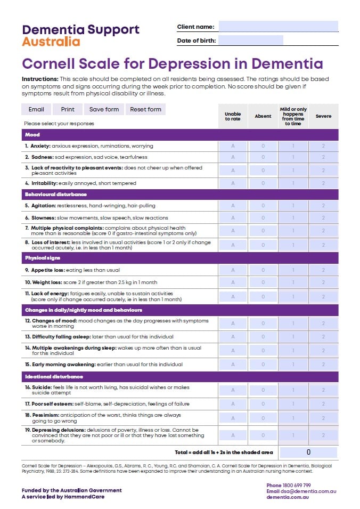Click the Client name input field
(x=278, y=27)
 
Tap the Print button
(x=68, y=109)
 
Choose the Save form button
(x=104, y=109)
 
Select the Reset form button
(x=145, y=109)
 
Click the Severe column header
(x=323, y=116)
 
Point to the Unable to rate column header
(x=233, y=116)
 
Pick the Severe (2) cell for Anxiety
(x=323, y=146)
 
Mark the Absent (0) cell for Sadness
(x=263, y=157)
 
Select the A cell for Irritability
(x=233, y=183)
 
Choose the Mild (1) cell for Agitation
(x=293, y=206)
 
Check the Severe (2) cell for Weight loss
(x=323, y=282)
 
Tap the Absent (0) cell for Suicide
(x=263, y=390)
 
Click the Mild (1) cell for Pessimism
(x=293, y=418)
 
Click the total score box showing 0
(x=308, y=452)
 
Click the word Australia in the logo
(x=51, y=42)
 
